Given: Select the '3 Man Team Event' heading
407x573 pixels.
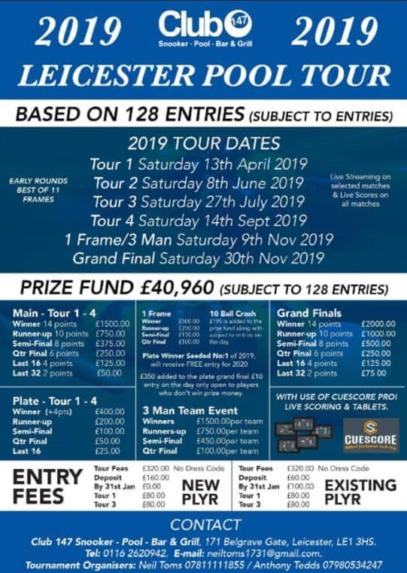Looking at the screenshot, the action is (190, 411).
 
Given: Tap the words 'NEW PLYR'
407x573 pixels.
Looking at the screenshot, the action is (200, 492).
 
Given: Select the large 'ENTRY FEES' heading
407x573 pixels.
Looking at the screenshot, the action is (47, 487).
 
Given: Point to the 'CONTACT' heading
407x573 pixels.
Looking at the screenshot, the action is (202, 525).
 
